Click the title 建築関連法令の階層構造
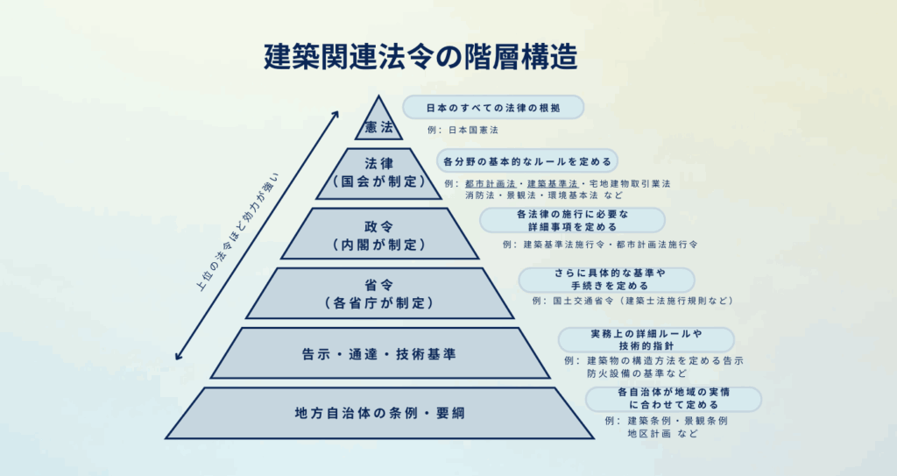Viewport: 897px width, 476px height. pyautogui.click(x=420, y=57)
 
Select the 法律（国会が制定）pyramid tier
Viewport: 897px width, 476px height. pyautogui.click(x=379, y=173)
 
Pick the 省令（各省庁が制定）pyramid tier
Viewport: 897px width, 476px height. pyautogui.click(x=379, y=294)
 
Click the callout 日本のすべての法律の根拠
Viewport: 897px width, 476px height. pyautogui.click(x=492, y=107)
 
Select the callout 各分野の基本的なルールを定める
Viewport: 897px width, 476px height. pyautogui.click(x=526, y=161)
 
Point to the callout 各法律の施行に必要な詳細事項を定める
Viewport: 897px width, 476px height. pyautogui.click(x=571, y=220)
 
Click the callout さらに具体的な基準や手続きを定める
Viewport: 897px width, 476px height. pyautogui.click(x=605, y=279)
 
